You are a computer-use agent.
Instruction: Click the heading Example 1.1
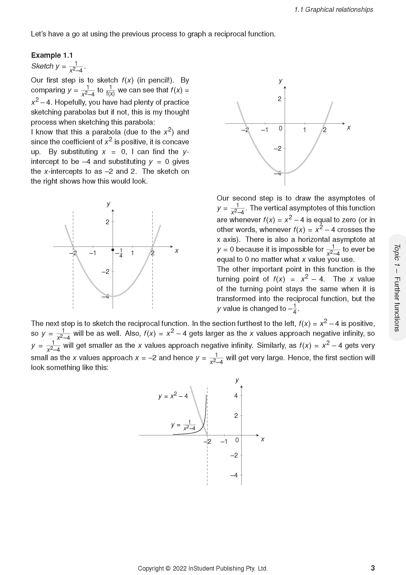pyautogui.click(x=52, y=55)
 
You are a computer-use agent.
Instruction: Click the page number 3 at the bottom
pyautogui.click(x=373, y=568)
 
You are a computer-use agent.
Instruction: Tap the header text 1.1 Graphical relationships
pyautogui.click(x=334, y=10)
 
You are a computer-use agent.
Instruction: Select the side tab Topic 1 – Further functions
pyautogui.click(x=397, y=288)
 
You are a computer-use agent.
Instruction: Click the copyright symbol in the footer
pyautogui.click(x=168, y=569)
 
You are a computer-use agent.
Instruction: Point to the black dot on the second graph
pyautogui.click(x=113, y=250)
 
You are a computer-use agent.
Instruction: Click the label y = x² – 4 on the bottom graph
pyautogui.click(x=173, y=396)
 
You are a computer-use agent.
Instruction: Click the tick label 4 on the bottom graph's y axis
pyautogui.click(x=236, y=396)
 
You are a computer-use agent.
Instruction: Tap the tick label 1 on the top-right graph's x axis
pyautogui.click(x=304, y=130)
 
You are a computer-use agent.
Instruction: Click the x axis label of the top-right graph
pyautogui.click(x=349, y=128)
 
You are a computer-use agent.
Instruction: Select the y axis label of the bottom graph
pyautogui.click(x=237, y=380)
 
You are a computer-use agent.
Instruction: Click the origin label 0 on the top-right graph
pyautogui.click(x=280, y=129)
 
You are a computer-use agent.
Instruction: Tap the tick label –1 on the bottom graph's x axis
pyautogui.click(x=224, y=442)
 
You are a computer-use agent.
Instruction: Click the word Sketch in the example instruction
pyautogui.click(x=42, y=66)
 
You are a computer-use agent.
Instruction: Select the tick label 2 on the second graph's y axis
pyautogui.click(x=108, y=222)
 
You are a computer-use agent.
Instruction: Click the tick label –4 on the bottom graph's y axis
pyautogui.click(x=234, y=475)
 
